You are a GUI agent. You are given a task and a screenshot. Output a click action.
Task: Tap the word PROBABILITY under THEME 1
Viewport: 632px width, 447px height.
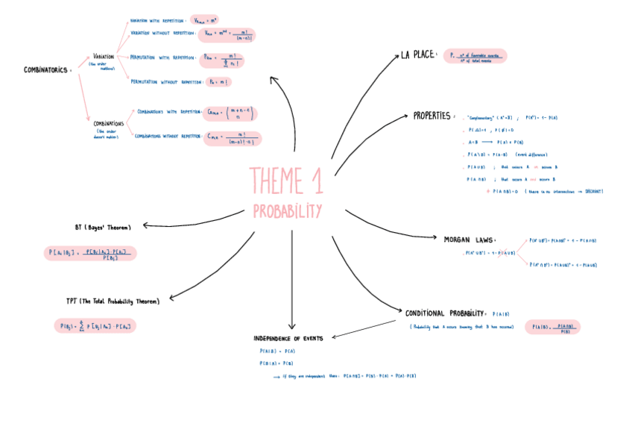pyautogui.click(x=287, y=210)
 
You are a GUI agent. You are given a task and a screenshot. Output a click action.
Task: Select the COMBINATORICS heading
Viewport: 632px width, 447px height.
pyautogui.click(x=46, y=69)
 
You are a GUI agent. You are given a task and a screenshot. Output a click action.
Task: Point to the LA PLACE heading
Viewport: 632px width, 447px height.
pyautogui.click(x=417, y=54)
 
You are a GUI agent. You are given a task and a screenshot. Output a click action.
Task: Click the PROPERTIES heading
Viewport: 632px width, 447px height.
pyautogui.click(x=432, y=116)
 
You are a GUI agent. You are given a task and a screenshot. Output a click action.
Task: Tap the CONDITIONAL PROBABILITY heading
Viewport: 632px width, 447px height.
pyautogui.click(x=446, y=313)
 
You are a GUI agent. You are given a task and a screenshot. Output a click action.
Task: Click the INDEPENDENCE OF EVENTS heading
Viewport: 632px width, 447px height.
pyautogui.click(x=288, y=338)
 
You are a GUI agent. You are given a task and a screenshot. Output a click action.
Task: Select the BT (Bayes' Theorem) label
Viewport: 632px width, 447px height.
pyautogui.click(x=103, y=227)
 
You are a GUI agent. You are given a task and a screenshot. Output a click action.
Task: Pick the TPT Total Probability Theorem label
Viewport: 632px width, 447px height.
pyautogui.click(x=113, y=301)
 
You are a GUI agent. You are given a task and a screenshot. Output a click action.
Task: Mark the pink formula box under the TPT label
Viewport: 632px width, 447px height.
pyautogui.click(x=96, y=326)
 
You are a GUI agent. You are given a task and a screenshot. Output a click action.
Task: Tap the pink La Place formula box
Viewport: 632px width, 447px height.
pyautogui.click(x=474, y=57)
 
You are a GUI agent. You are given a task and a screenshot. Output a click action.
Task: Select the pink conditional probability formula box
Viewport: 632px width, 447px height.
pyautogui.click(x=552, y=328)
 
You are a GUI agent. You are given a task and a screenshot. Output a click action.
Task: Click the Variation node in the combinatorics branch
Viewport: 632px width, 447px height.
pyautogui.click(x=104, y=56)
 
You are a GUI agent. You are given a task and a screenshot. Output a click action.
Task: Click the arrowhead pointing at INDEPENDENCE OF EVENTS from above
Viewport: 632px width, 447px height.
pyautogui.click(x=291, y=325)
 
